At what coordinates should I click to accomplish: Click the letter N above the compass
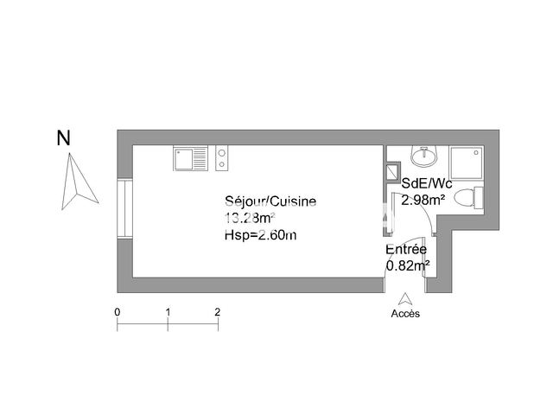63,137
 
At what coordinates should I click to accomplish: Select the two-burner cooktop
222,158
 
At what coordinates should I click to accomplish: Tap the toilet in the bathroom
467,197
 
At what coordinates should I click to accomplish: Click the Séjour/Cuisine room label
270,201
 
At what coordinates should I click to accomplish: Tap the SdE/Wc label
427,183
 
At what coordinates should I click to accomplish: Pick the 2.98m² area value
423,200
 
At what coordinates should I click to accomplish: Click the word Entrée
406,250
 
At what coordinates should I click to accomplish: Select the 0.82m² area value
408,266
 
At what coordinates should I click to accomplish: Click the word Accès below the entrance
405,314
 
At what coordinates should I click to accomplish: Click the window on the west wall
124,207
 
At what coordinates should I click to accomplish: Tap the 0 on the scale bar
117,311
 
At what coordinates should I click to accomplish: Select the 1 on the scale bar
168,311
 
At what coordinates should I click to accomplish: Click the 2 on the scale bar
218,311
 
